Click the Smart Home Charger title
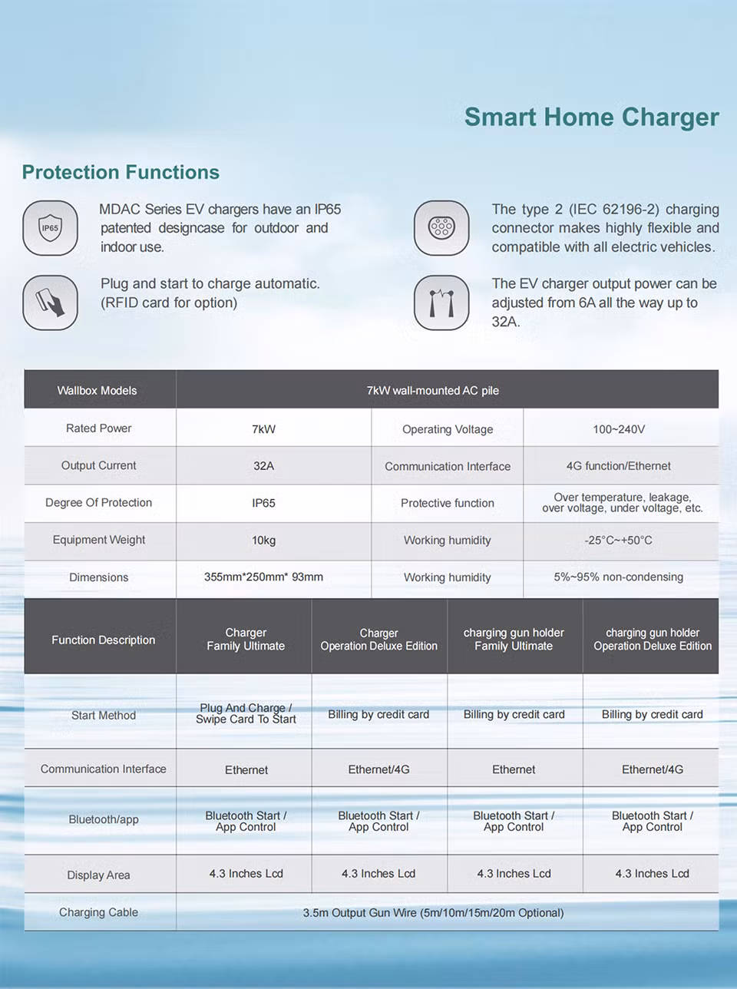tap(591, 117)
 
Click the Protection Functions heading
tap(121, 172)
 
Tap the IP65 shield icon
tap(51, 228)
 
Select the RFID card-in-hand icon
tap(51, 303)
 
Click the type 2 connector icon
tap(441, 228)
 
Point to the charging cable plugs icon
tap(441, 303)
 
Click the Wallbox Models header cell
tap(97, 390)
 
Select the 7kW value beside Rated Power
tap(263, 428)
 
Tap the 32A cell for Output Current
tap(263, 466)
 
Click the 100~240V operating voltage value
tap(619, 429)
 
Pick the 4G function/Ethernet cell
tap(619, 466)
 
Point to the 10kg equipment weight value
tap(263, 541)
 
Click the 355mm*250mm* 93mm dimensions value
tap(263, 577)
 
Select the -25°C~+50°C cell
tap(619, 541)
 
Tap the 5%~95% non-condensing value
tap(619, 577)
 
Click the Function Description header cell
tap(104, 640)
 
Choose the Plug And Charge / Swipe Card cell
tap(246, 713)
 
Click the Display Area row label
tap(98, 875)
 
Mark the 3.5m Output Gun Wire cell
tap(433, 913)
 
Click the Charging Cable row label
tap(98, 912)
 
